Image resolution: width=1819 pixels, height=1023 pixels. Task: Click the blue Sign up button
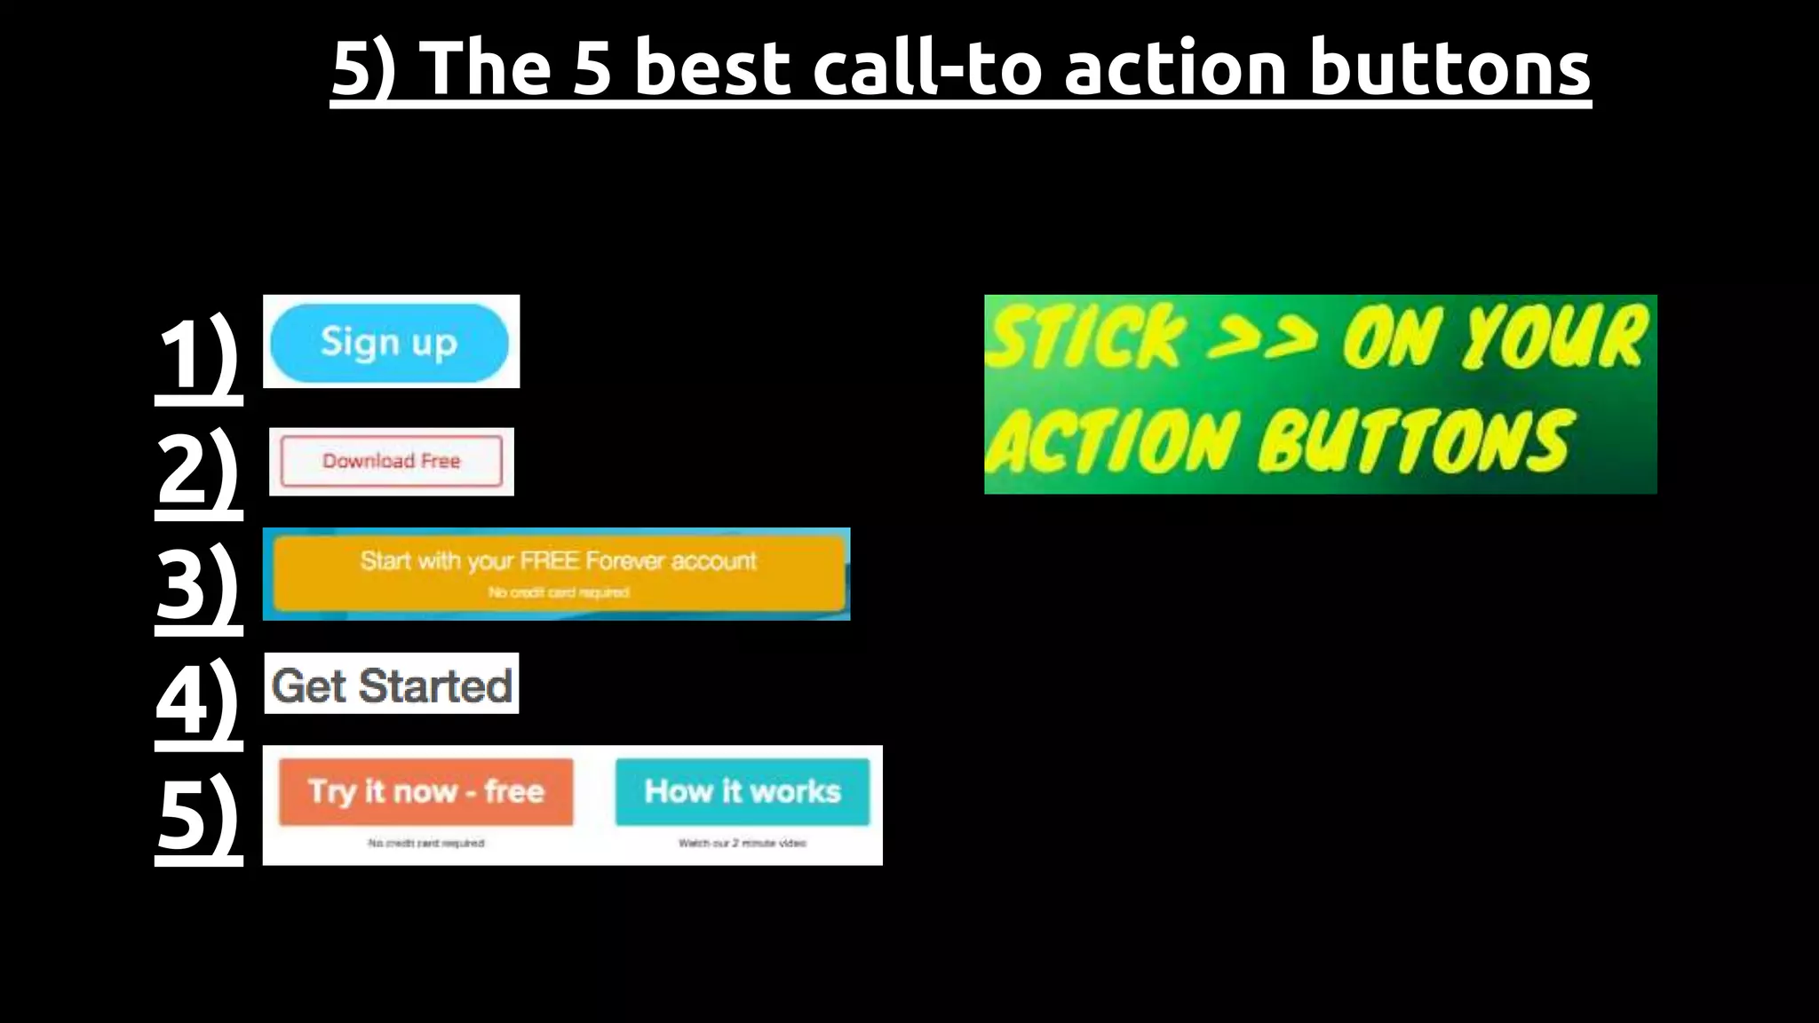pos(389,343)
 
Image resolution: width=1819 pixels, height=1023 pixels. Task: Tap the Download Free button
pos(391,461)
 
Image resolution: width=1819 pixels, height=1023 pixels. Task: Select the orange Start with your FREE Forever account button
pos(559,574)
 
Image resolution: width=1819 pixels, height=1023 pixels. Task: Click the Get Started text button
pos(392,685)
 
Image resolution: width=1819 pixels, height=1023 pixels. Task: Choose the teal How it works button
pos(743,791)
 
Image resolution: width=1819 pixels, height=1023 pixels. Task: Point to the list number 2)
pos(198,469)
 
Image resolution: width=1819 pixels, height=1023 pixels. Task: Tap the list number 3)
pos(198,584)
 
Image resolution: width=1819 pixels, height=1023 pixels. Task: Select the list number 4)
pos(198,700)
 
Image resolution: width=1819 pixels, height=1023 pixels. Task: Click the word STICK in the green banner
pos(1085,337)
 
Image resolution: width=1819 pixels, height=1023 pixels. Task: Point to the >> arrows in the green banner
pos(1261,337)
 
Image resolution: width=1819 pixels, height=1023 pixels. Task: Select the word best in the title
pos(712,68)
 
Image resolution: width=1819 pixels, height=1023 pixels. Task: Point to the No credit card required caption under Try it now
pos(426,843)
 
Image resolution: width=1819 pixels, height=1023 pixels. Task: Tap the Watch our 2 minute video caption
pos(743,843)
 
